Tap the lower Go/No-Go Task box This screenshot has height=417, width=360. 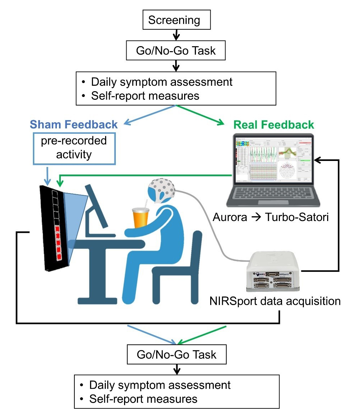point(177,355)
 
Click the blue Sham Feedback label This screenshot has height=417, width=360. point(74,124)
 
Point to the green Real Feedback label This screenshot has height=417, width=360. point(273,124)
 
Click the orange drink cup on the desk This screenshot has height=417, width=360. point(140,218)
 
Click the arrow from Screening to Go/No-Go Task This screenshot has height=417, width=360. point(175,35)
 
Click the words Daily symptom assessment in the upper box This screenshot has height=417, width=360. point(162,82)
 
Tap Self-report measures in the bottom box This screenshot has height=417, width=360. point(143,398)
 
